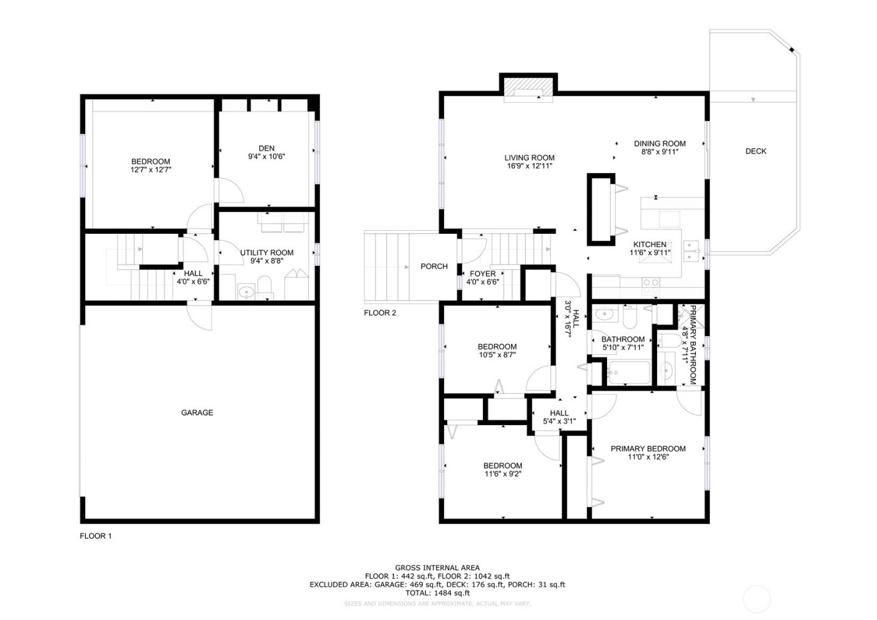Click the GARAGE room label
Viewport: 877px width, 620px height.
(197, 412)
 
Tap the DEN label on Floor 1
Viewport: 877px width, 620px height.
(266, 149)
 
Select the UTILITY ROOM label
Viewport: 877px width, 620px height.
(266, 253)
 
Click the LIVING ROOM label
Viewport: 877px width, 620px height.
(529, 158)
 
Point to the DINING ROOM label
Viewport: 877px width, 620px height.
(660, 144)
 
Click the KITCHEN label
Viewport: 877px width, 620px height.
(650, 244)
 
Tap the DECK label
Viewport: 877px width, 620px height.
(755, 151)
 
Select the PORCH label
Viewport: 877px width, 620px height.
(433, 266)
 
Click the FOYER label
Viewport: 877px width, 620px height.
(482, 274)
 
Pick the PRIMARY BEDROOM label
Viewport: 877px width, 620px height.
(648, 449)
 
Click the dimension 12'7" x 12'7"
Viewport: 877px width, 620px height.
(150, 169)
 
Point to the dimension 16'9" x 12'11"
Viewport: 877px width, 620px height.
(529, 167)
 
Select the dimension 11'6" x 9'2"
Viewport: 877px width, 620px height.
(502, 474)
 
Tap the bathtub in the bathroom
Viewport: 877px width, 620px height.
(628, 372)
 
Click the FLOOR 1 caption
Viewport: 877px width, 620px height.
(95, 536)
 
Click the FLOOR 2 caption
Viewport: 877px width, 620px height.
(380, 313)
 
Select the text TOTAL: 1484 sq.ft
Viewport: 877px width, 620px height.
(437, 592)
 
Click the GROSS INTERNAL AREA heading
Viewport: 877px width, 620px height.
(437, 567)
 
